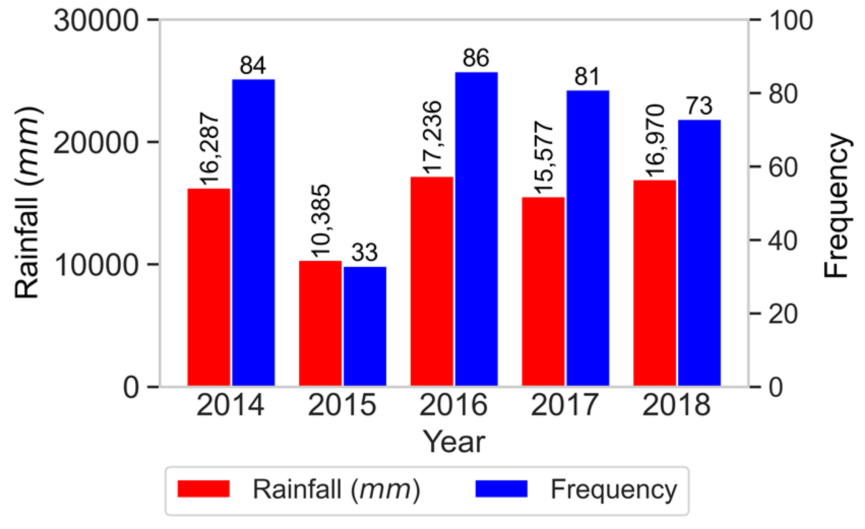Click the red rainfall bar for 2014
[x=208, y=287]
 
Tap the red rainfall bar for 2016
[x=432, y=282]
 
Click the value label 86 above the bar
[x=476, y=58]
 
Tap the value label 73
[x=699, y=106]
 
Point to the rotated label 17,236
[x=432, y=137]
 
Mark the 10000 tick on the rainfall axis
[x=96, y=265]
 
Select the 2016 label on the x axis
[x=453, y=405]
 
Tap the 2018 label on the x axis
[x=676, y=405]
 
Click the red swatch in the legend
[x=204, y=489]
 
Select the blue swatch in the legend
[x=501, y=489]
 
